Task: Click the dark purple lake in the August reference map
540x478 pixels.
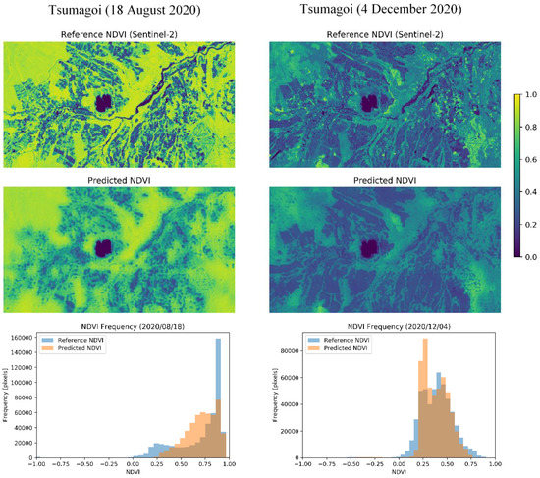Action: click(103, 102)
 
